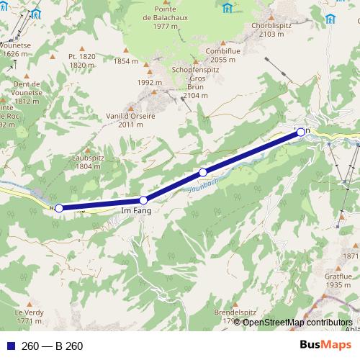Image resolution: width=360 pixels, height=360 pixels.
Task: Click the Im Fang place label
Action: (x=135, y=210)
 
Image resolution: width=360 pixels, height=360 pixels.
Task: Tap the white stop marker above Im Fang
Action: (x=143, y=200)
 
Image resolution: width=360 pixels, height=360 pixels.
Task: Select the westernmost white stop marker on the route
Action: (x=59, y=208)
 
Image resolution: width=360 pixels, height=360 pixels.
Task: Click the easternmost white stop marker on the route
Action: (x=301, y=132)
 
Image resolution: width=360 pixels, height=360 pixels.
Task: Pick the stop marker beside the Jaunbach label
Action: (x=203, y=172)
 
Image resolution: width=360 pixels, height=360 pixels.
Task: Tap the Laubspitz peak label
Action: (x=87, y=161)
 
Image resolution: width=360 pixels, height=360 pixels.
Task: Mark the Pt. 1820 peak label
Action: (x=82, y=60)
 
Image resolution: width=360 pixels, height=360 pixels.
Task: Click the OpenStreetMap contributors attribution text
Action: (x=297, y=322)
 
